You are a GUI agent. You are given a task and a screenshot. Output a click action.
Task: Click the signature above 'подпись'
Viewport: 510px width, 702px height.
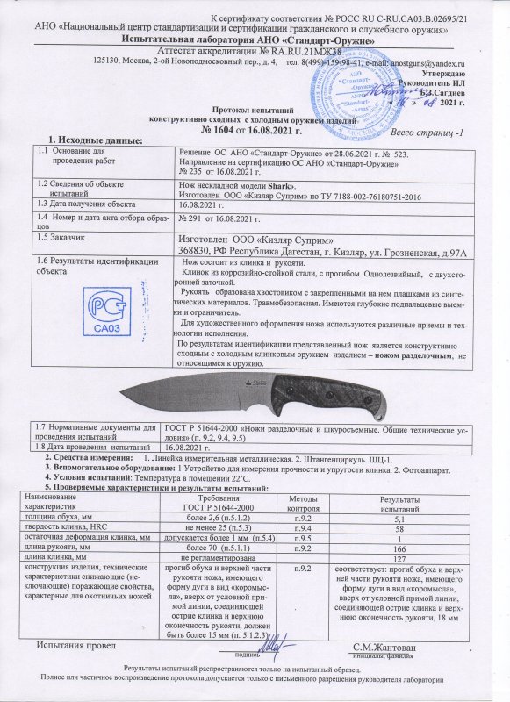click(271, 642)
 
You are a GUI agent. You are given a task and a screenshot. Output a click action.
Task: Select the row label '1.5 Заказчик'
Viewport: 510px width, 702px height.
click(60, 238)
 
